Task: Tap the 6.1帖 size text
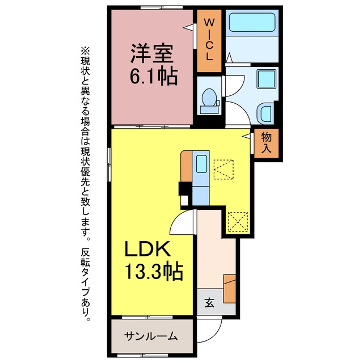point(154,77)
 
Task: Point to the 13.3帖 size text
point(154,272)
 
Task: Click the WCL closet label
point(209,40)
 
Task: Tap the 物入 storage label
point(266,143)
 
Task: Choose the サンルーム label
point(151,336)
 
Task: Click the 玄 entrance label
point(209,303)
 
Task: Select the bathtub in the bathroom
point(252,23)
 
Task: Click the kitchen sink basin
point(201,164)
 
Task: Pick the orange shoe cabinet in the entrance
point(230,289)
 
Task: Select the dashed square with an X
point(238,222)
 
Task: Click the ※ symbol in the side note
point(85,50)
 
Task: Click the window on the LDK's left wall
point(109,164)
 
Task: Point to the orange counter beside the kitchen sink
point(186,166)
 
